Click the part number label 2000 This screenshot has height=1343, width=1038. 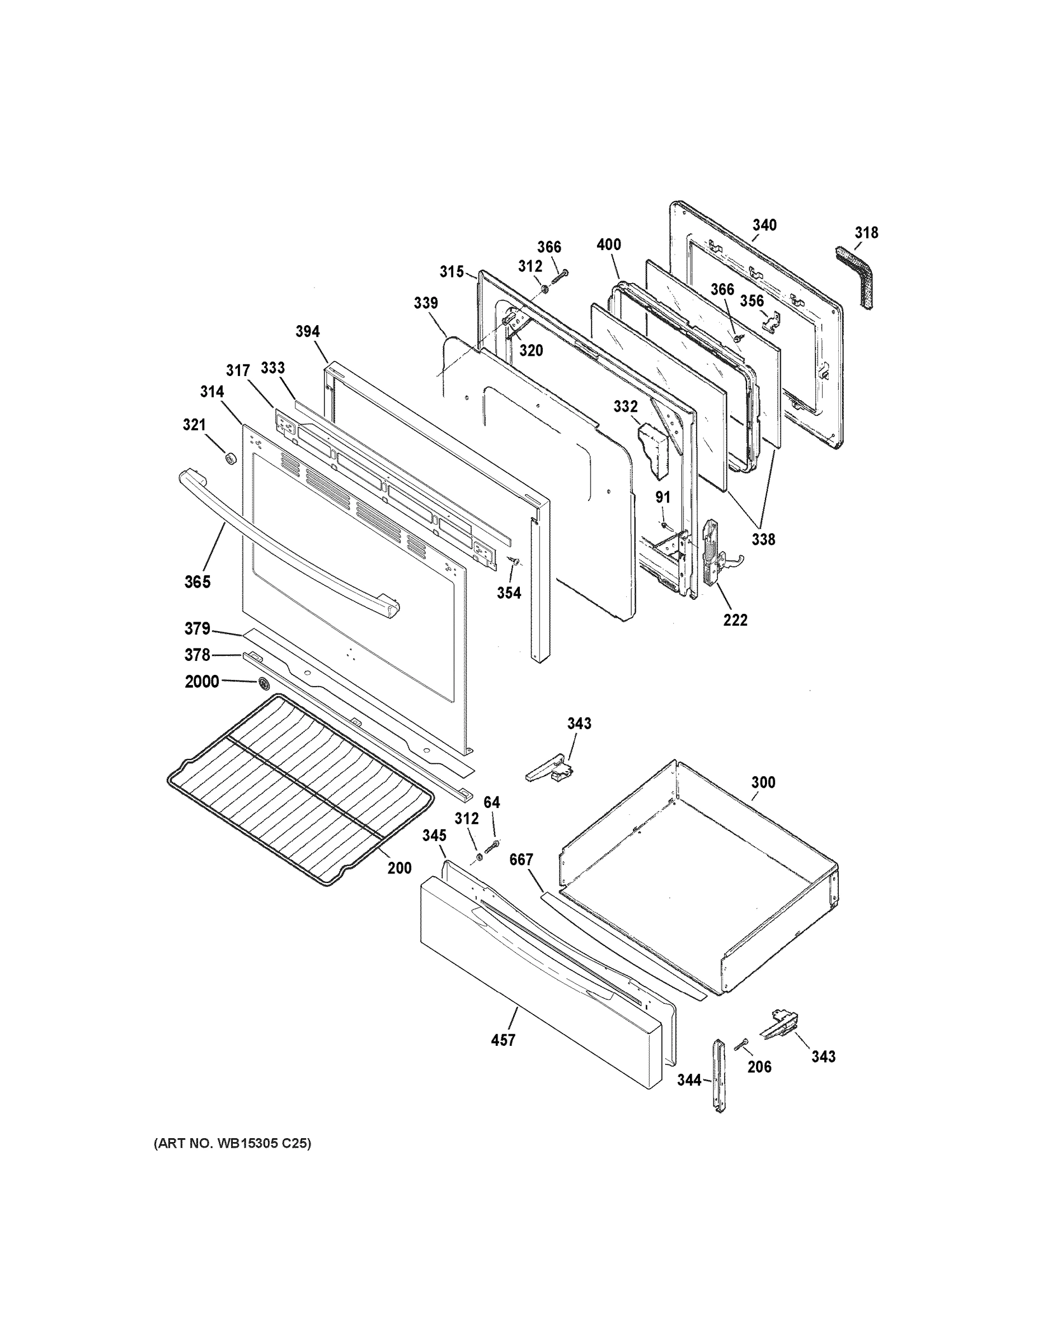[201, 682]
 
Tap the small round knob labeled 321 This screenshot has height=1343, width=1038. [231, 458]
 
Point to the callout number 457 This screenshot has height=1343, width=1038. [503, 1040]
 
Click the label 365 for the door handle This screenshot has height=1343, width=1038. [198, 582]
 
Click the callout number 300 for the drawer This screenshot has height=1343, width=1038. [763, 783]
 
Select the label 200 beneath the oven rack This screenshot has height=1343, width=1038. [400, 868]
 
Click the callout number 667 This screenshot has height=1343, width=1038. [521, 860]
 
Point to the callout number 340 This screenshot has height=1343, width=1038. [764, 225]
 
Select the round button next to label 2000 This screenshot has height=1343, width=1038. [265, 683]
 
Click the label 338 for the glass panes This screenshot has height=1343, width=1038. [763, 539]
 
